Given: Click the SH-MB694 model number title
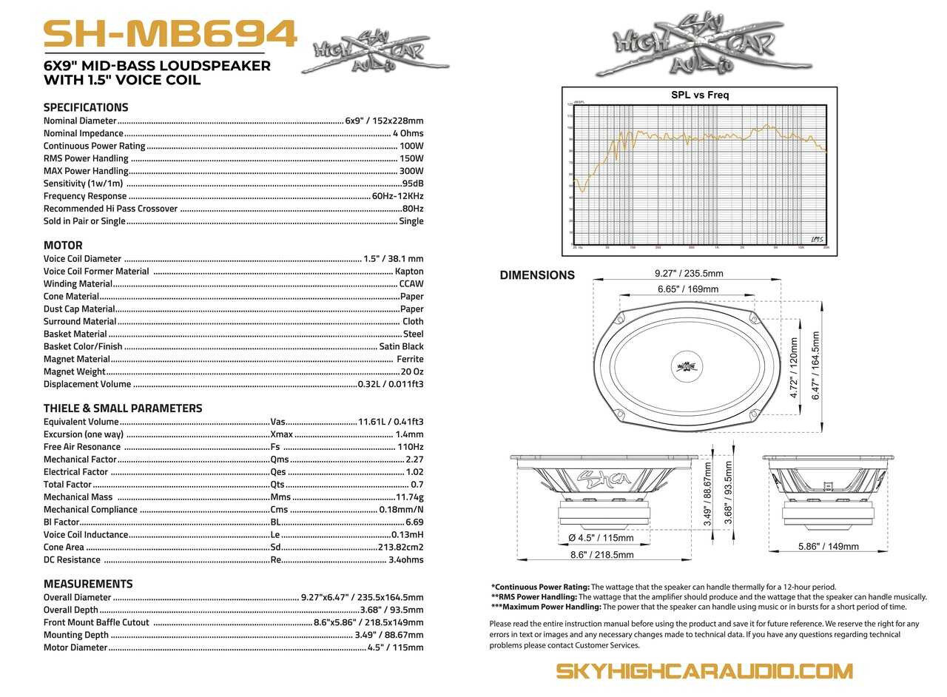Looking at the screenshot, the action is [x=170, y=34].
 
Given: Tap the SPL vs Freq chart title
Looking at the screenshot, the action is [x=700, y=95].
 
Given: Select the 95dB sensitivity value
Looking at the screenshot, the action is [x=413, y=183].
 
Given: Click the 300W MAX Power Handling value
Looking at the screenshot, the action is [x=411, y=171].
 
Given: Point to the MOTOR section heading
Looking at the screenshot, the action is [x=63, y=246].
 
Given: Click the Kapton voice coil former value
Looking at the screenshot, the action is [x=409, y=271].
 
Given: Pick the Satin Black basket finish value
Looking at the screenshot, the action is [x=401, y=346].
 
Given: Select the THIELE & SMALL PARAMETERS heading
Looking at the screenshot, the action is [x=123, y=408].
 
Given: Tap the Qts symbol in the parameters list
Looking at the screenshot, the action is [x=277, y=484].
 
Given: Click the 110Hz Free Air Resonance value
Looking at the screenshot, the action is [x=410, y=447].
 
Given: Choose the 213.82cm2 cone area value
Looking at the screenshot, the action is [x=401, y=547].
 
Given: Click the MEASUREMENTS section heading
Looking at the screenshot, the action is [x=88, y=584].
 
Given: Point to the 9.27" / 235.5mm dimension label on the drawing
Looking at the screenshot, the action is [x=689, y=273].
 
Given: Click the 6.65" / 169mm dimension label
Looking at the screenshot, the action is [x=688, y=289].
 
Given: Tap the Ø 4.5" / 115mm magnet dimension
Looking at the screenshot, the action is [x=601, y=538].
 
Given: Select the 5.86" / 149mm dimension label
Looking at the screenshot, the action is [x=828, y=547].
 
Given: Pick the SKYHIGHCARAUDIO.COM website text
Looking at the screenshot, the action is [x=704, y=671].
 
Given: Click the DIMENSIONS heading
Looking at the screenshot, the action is [x=537, y=275].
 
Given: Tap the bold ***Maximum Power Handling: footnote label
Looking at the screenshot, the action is [x=546, y=607].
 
